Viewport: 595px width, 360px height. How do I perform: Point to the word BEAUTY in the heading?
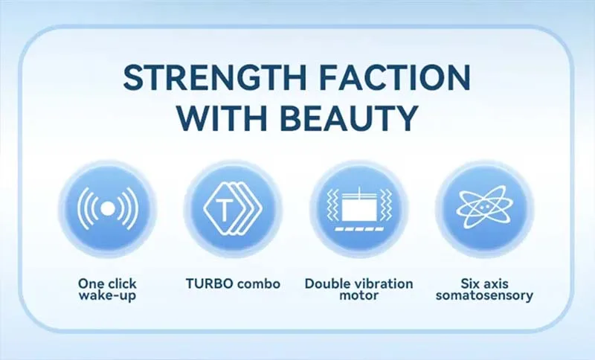pos(350,118)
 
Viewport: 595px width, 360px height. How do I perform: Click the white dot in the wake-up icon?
pos(107,208)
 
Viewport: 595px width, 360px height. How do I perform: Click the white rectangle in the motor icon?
pos(360,208)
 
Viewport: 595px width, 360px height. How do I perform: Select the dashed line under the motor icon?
pos(360,229)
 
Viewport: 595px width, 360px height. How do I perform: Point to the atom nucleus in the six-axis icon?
pos(485,208)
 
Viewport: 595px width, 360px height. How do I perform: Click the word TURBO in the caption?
pos(210,283)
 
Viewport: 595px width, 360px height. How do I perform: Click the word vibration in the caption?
pos(383,283)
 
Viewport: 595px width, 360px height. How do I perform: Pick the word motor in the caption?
pos(359,295)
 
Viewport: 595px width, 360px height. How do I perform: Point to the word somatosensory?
pos(485,295)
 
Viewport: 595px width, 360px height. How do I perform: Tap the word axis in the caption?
pos(496,283)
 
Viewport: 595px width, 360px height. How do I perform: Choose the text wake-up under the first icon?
pos(107,295)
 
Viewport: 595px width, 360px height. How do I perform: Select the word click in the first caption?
pos(120,283)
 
